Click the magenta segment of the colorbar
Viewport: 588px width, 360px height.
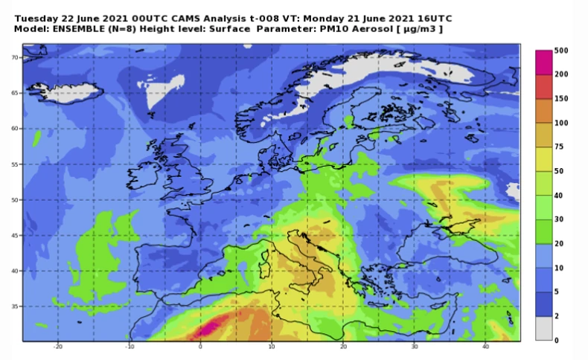tap(544, 62)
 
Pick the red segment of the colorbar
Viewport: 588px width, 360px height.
tap(544, 86)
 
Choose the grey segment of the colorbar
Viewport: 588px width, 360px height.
tap(544, 328)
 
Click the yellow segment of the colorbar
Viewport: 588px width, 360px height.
tap(544, 158)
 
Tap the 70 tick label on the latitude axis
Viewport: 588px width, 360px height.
tap(14, 57)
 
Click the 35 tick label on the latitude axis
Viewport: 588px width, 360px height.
tap(14, 306)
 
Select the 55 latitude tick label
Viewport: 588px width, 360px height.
tap(14, 164)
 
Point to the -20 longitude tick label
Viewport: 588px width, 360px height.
tap(57, 347)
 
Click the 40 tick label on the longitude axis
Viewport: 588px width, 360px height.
tap(485, 347)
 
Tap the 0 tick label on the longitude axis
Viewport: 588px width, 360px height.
tap(200, 347)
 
